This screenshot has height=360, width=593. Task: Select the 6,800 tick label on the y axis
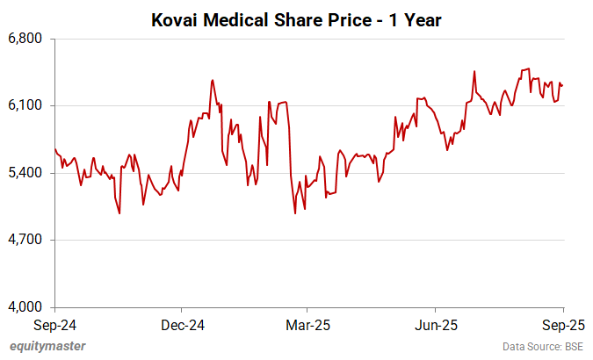(x=30, y=39)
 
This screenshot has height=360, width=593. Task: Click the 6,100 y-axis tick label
(x=30, y=105)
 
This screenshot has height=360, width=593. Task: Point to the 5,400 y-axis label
(x=30, y=173)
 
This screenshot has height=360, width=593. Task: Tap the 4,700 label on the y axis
(x=30, y=240)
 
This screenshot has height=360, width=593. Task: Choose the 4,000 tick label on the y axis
(x=30, y=306)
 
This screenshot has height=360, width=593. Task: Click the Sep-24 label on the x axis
(x=55, y=324)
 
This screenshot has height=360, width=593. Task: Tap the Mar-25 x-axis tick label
(x=307, y=324)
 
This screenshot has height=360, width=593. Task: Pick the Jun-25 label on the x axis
(x=437, y=324)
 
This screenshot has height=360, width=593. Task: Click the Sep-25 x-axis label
(x=562, y=324)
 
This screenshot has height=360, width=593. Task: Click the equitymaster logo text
(x=47, y=346)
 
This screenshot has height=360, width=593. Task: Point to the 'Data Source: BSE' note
(x=542, y=346)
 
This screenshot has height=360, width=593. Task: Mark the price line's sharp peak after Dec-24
(x=212, y=80)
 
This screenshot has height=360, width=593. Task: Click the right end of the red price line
(x=562, y=85)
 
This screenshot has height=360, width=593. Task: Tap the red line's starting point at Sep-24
(x=55, y=148)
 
